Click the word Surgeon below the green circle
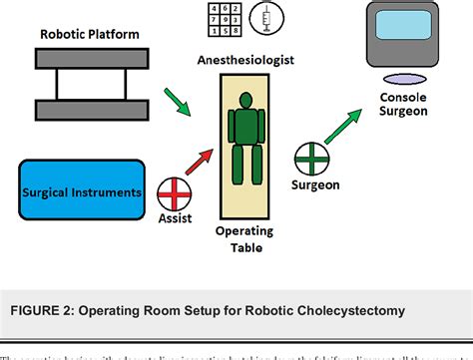[316, 185]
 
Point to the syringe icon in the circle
[266, 18]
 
